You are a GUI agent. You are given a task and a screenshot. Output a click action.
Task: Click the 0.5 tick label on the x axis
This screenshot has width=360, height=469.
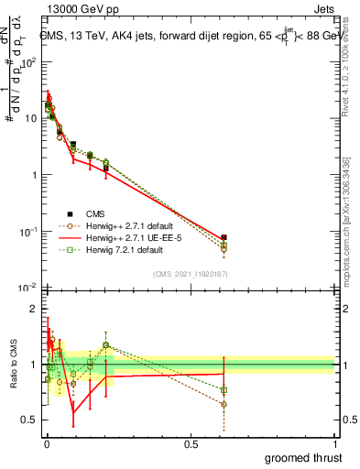click(190, 443)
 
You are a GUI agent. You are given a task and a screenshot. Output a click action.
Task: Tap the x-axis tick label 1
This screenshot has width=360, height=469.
click(336, 443)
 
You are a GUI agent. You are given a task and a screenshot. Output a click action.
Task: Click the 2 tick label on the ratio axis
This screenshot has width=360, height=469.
click(34, 310)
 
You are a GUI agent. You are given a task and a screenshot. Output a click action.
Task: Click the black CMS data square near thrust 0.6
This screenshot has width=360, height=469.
click(224, 237)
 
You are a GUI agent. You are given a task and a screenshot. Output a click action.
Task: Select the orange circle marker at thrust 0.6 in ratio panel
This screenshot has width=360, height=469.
click(224, 404)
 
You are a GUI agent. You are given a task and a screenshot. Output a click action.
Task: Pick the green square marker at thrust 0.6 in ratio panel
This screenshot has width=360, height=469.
click(224, 390)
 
